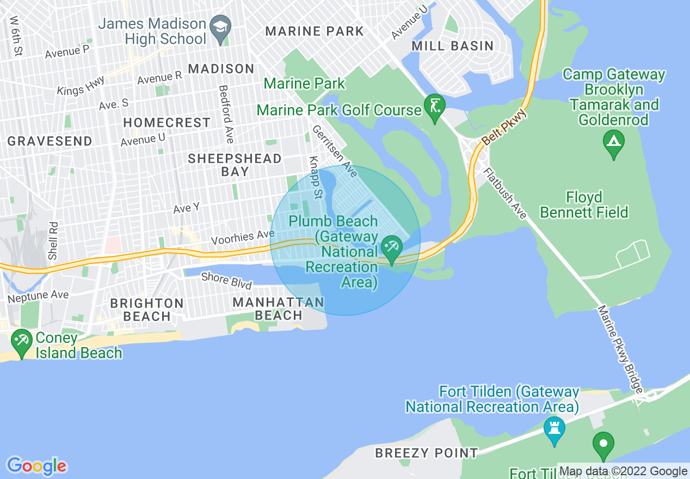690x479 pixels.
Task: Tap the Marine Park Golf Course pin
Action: tap(435, 106)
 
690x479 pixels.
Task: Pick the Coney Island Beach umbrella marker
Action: tap(21, 341)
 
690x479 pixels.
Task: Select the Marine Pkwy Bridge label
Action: tap(620, 349)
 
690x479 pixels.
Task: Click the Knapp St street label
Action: tap(315, 170)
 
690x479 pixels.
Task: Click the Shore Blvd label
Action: tap(226, 280)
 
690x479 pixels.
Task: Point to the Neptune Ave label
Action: tap(38, 297)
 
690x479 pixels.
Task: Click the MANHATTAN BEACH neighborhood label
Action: tap(278, 309)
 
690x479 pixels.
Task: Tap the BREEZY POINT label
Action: tap(426, 452)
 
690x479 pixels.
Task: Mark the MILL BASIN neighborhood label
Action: tap(452, 46)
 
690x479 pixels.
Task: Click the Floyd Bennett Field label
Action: tap(584, 204)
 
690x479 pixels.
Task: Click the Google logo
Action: tap(36, 466)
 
